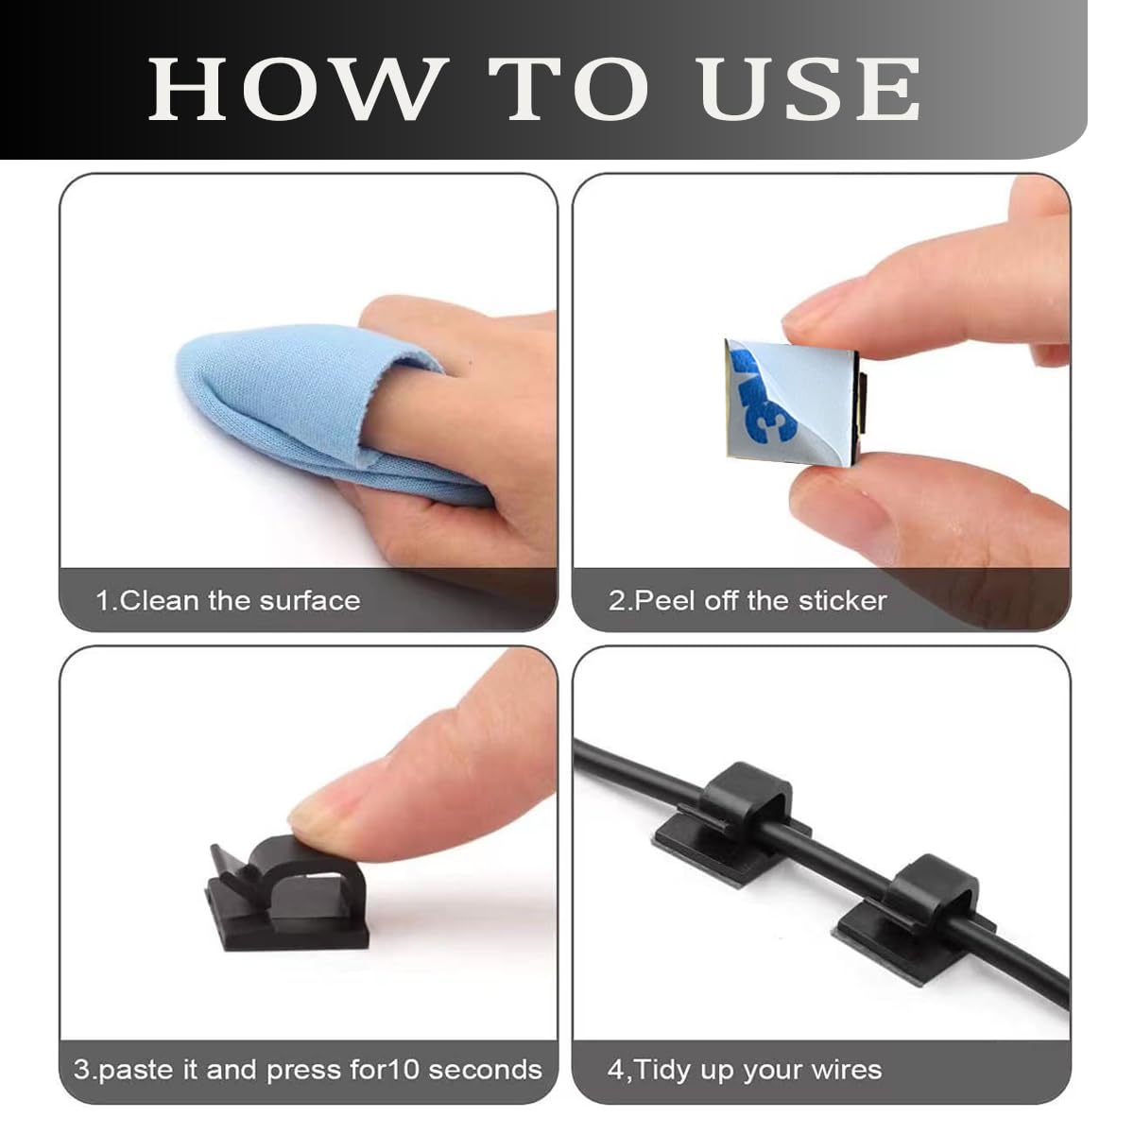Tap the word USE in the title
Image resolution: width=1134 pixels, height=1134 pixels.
click(808, 90)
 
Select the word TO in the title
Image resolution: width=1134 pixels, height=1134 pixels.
click(569, 90)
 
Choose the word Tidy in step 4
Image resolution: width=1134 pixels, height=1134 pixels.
click(662, 1069)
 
